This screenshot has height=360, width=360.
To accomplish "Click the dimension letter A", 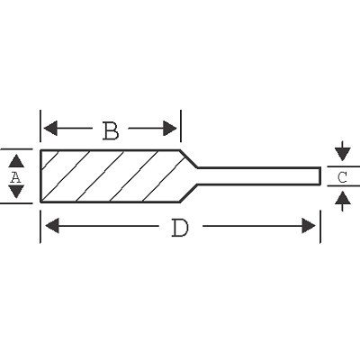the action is [15, 177].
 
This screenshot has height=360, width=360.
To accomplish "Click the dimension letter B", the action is [111, 130].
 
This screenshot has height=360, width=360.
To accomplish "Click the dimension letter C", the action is [342, 177].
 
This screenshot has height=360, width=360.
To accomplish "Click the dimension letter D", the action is [180, 228].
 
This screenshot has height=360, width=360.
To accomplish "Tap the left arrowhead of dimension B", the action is [50, 129].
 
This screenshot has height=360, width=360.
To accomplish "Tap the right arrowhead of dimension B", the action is [169, 129].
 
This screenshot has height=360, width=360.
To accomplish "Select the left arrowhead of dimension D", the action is [52, 226].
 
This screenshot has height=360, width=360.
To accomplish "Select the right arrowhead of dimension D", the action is [309, 226].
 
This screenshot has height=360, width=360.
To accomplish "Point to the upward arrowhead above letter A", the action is [16, 161].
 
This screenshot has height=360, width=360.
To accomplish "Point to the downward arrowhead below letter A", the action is [16, 192].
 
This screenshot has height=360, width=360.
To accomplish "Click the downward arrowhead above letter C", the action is [343, 154].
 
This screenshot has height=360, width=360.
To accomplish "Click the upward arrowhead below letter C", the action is [343, 199].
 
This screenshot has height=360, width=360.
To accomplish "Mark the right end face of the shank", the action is [320, 175].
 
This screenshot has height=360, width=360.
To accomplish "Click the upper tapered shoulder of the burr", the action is [188, 158].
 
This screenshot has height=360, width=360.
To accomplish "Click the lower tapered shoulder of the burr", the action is [188, 193].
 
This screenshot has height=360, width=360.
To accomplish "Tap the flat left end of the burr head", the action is [40, 176].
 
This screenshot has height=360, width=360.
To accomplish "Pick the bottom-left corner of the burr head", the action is [40, 202].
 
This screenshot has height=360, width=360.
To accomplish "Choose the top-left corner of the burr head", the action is [40, 150].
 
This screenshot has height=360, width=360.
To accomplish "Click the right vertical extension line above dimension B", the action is [181, 126].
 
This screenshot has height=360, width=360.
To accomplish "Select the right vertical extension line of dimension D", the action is [320, 227].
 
